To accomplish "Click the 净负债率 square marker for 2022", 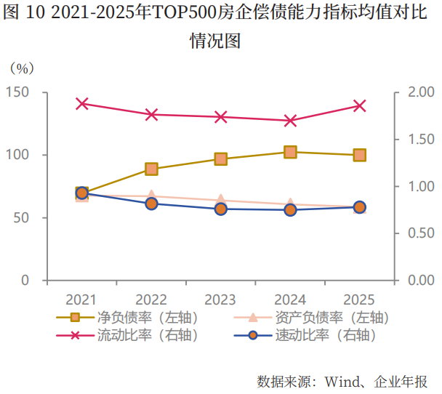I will [x=151, y=169].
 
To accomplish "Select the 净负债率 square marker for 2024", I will [x=290, y=152].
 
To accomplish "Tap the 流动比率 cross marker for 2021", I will [x=82, y=104].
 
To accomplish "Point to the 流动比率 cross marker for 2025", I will [x=359, y=106].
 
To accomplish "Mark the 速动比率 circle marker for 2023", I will [x=220, y=209].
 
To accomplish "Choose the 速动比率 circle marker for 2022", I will [x=151, y=204].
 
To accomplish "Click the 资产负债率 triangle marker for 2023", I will [x=220, y=199].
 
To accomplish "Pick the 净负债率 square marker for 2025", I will [x=359, y=155].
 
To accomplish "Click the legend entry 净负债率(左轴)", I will [x=126, y=318].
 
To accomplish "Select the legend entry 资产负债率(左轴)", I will [x=313, y=318].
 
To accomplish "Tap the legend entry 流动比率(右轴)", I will [x=126, y=335].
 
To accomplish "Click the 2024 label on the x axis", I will [x=290, y=299].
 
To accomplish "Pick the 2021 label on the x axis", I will [x=82, y=299].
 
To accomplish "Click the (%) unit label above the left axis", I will [x=22, y=68].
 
